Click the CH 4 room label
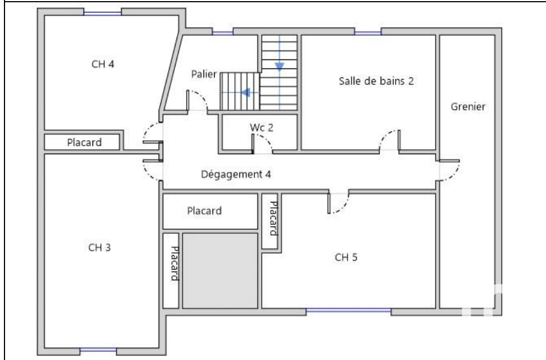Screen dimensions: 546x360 tap(103, 64)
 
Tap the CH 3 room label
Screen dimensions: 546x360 tap(100, 247)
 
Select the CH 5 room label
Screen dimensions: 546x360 tap(346, 257)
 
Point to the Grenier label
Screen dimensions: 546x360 tap(468, 107)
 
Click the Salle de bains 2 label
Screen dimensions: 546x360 tap(376, 81)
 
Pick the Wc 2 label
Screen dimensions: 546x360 tap(262, 127)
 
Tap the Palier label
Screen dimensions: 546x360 tap(204, 74)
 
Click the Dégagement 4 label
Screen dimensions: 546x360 tap(236, 174)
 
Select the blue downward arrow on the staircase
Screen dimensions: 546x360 tap(280, 66)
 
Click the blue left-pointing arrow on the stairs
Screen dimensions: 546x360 tap(246, 93)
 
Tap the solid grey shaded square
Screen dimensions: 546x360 tap(220, 270)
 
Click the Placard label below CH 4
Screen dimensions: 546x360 tap(84, 142)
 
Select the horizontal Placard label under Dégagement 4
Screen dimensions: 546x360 tap(205, 211)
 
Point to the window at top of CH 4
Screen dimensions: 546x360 tap(103, 13)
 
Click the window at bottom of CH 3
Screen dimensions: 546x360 tap(98, 350)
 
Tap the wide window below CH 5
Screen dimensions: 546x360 tap(349, 310)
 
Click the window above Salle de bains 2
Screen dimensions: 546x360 tap(368, 33)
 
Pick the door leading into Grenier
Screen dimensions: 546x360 tap(449, 170)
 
